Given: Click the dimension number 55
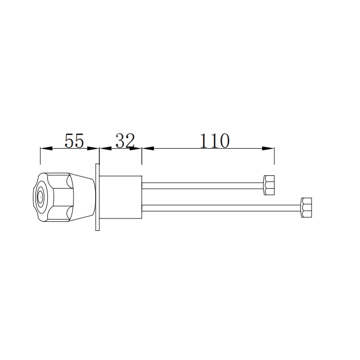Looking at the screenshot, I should pyautogui.click(x=74, y=140).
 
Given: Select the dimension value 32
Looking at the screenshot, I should pyautogui.click(x=124, y=140).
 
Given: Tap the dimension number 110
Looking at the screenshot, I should pyautogui.click(x=214, y=140).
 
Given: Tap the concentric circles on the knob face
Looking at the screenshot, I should pyautogui.click(x=40, y=196).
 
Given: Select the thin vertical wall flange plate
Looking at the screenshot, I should pyautogui.click(x=97, y=197).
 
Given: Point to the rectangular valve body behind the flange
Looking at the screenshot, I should pyautogui.click(x=120, y=197).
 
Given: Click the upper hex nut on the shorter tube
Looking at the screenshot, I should pyautogui.click(x=269, y=185).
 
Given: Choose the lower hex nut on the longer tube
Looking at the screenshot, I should pyautogui.click(x=306, y=208).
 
